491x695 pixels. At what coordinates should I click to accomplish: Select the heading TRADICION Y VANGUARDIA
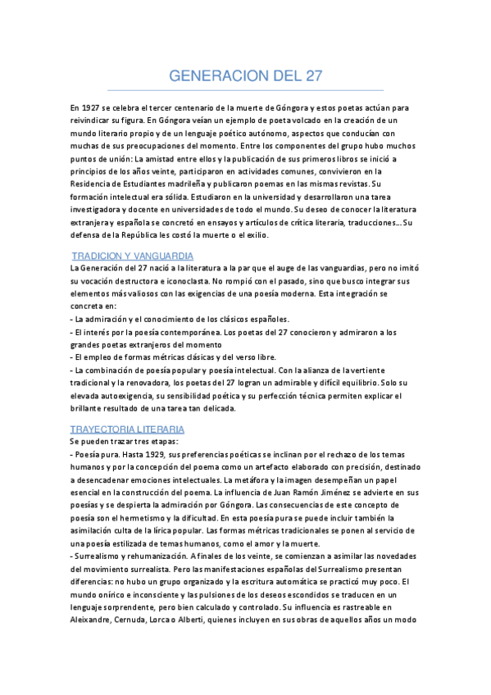[133, 257]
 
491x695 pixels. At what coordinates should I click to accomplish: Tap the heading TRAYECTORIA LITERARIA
[127, 429]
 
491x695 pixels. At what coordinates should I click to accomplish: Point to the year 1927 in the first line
[91, 108]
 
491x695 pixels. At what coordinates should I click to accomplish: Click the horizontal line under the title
[245, 90]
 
